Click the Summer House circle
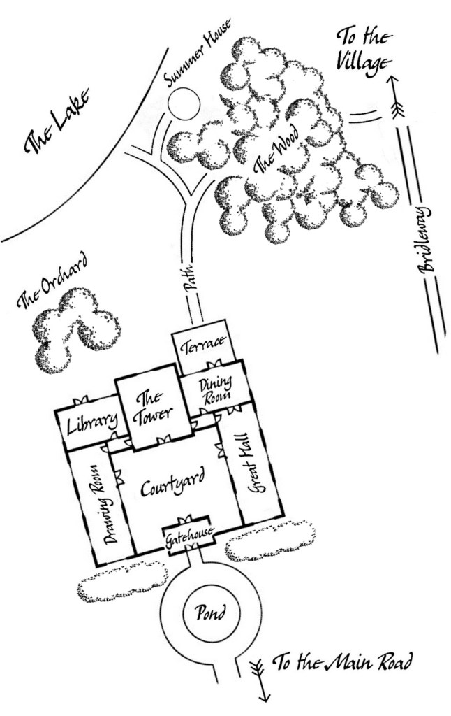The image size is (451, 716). click(x=184, y=104)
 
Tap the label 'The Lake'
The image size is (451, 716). click(x=55, y=125)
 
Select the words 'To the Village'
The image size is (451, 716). click(x=364, y=49)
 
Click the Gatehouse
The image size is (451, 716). click(x=187, y=538)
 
